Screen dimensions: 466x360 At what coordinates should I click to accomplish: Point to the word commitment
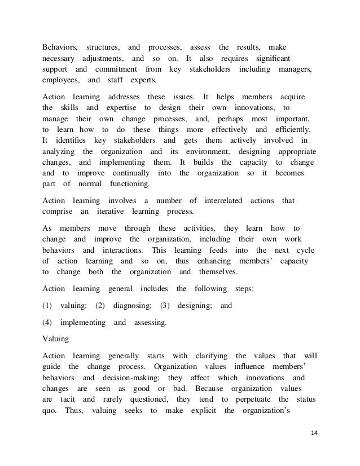117,69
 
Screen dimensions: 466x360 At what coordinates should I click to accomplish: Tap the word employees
60,81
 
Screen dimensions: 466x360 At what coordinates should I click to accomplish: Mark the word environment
201,152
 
